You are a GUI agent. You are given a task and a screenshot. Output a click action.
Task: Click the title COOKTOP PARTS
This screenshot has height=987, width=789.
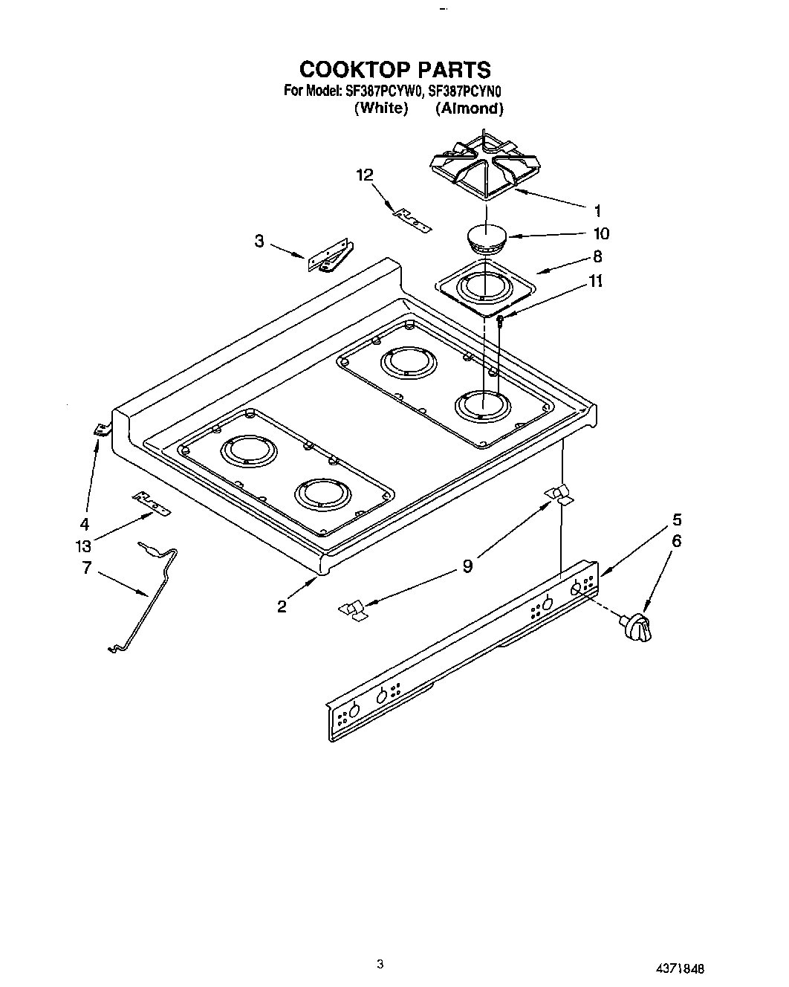tap(394, 69)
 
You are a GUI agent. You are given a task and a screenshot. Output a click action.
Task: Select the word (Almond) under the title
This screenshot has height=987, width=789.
tap(470, 109)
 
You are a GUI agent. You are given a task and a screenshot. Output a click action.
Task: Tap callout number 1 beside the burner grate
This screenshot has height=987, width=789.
tap(598, 210)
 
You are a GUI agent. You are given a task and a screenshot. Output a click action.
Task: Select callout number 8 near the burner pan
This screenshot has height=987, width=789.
tap(597, 257)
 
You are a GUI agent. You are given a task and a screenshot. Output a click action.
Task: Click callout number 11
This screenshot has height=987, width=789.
tap(595, 282)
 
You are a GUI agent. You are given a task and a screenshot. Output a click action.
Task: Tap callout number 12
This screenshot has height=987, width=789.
tap(365, 175)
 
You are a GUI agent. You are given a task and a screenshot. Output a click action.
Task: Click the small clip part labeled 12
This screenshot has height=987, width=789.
tap(412, 219)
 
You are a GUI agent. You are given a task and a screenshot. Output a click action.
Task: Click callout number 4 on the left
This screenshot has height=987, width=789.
tap(85, 522)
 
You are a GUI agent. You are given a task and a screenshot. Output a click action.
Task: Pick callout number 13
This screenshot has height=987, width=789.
tap(84, 546)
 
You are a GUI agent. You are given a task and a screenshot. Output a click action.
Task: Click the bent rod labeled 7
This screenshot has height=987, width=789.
tap(149, 595)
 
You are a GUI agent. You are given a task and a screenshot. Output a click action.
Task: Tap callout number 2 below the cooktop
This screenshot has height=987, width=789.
tap(282, 606)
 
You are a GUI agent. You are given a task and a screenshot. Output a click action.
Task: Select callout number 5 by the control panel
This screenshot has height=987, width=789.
tap(677, 520)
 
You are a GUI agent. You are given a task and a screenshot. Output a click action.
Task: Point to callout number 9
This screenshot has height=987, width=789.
tap(467, 566)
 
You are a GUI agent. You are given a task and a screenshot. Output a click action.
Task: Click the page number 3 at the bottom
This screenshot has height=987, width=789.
tap(380, 965)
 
